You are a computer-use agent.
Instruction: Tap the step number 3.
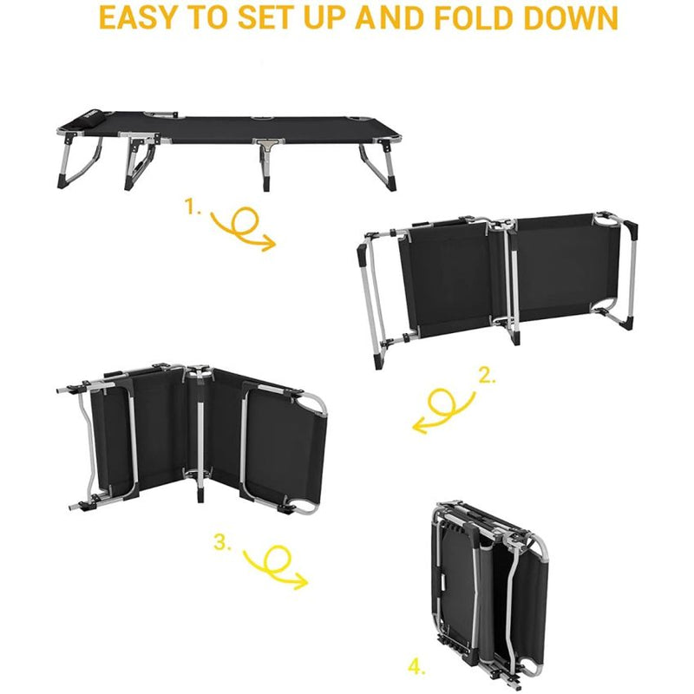pos(223,543)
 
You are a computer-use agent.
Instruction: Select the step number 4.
pos(417,667)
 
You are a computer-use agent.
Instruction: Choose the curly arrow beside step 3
pos(276,566)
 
